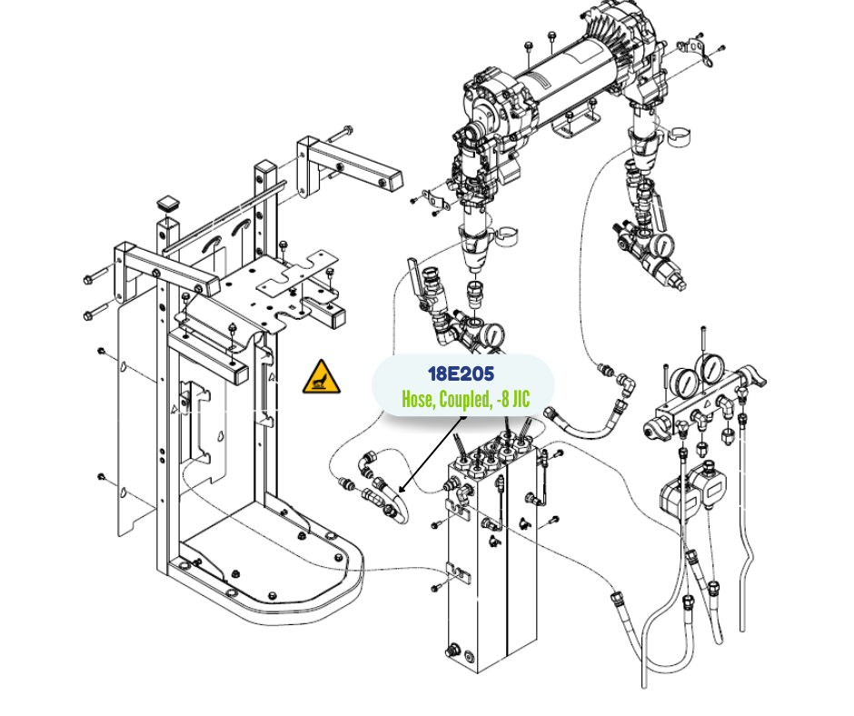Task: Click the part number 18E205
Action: coord(461,374)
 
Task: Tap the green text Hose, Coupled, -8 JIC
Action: coord(465,399)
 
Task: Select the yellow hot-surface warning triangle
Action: coord(322,377)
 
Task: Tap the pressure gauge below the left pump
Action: coord(493,333)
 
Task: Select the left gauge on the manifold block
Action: coord(684,383)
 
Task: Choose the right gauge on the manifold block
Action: coord(710,370)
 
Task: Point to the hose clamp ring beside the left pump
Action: coord(506,234)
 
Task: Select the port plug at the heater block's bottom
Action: coord(452,651)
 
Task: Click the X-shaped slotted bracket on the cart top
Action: coord(297,278)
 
